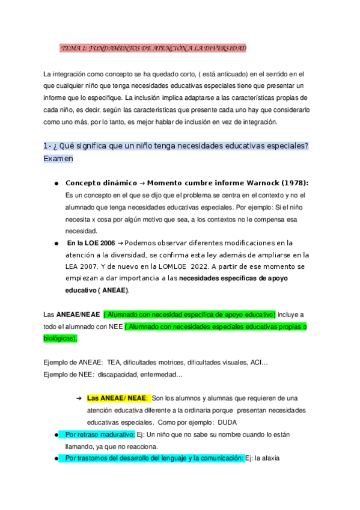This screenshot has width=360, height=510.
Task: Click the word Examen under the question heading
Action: [x=58, y=159]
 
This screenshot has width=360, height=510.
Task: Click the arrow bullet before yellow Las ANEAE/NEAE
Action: [x=78, y=398]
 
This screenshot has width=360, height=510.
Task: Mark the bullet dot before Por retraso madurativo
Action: [x=56, y=435]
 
